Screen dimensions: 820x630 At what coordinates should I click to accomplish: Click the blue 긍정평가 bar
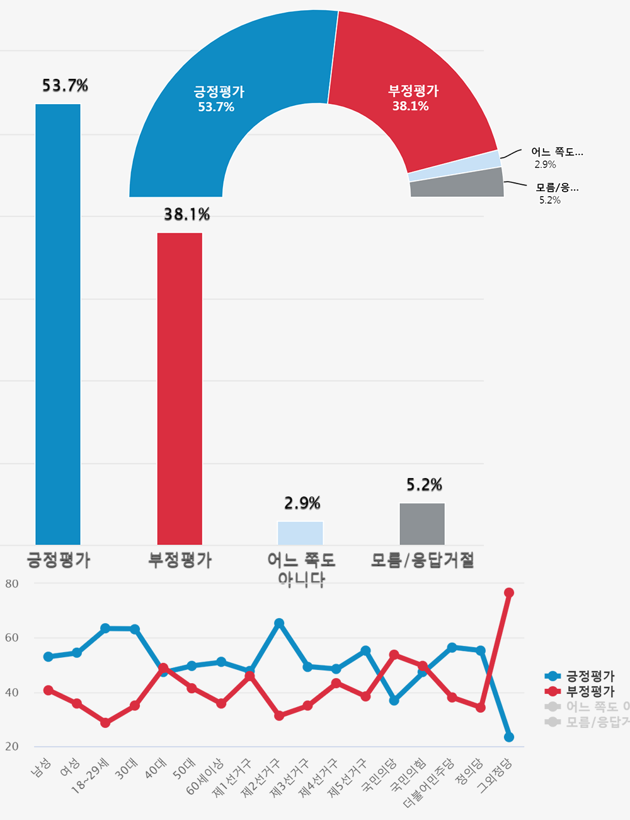coord(58,324)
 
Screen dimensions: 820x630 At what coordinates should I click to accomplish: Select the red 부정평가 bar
coord(180,389)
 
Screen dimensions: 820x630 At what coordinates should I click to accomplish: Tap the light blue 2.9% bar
coord(301,533)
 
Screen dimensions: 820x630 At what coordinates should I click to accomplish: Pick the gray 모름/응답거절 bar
coord(422,524)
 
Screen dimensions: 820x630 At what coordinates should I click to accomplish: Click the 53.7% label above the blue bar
coord(65,85)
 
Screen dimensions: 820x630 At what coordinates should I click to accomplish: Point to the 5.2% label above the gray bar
coord(424,484)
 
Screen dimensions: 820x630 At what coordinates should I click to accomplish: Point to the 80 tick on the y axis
coord(12,583)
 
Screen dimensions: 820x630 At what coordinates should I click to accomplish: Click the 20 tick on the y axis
coord(12,746)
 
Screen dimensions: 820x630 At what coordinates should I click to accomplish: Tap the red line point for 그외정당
coord(509,592)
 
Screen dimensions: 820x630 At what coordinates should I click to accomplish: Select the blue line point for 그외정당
coord(509,737)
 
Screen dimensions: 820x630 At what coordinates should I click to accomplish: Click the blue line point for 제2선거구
coord(279,623)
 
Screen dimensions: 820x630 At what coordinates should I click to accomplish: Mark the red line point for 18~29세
coord(105,723)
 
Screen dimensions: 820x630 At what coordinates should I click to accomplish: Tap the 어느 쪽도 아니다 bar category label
coord(301,569)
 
